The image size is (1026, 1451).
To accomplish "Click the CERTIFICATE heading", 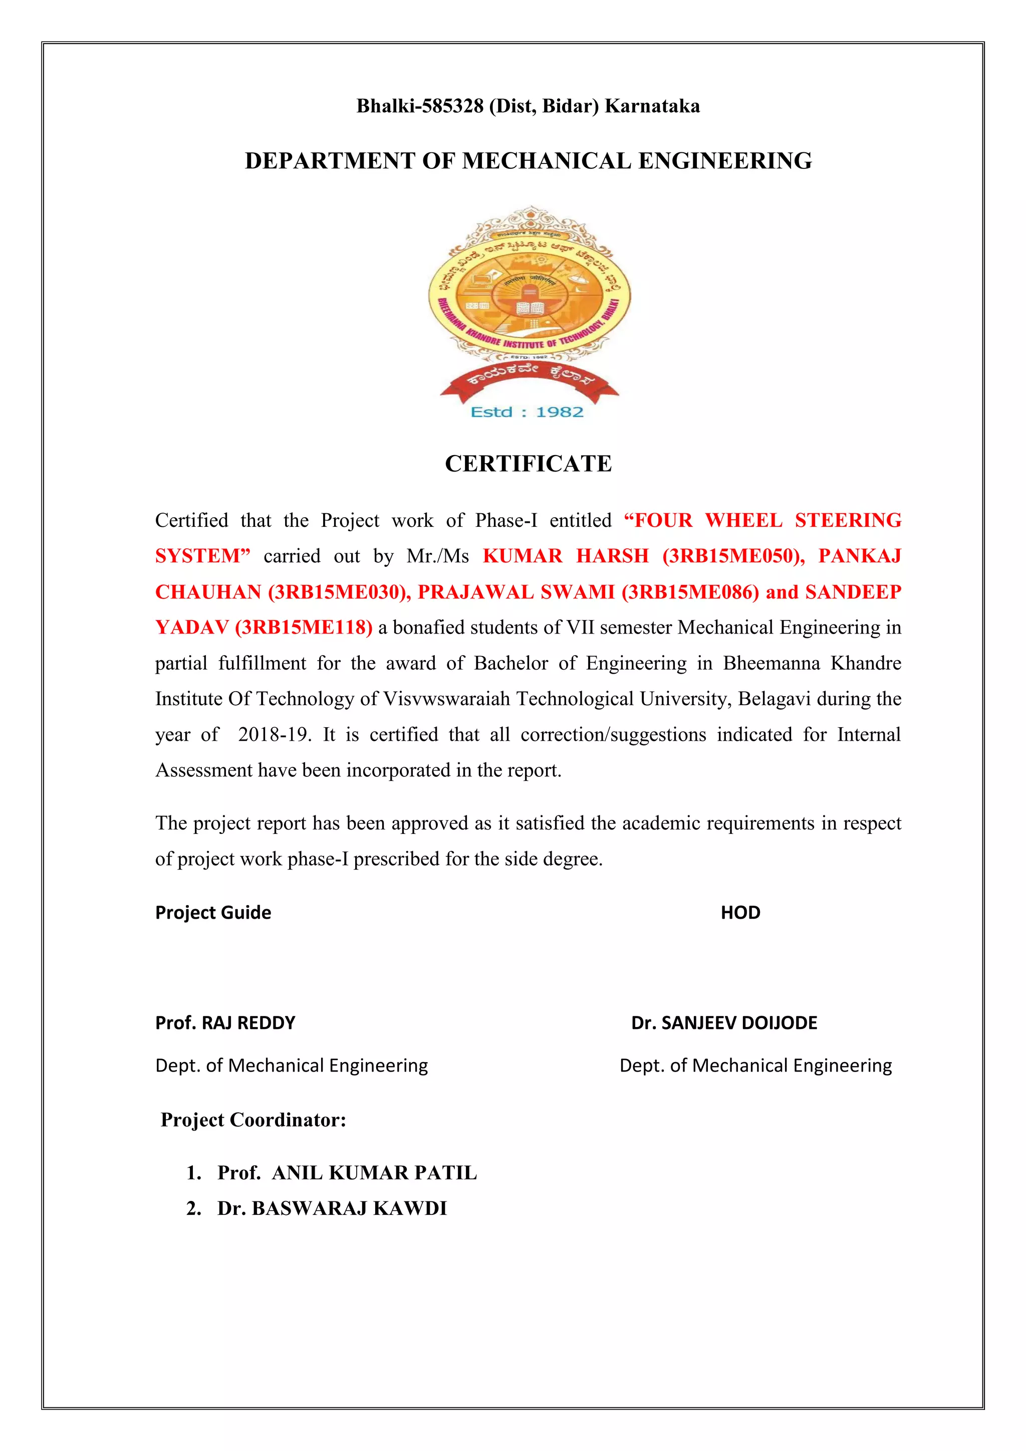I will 528,463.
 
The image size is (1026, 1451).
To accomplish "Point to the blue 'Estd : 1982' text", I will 527,412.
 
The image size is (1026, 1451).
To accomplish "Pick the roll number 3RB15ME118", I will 303,627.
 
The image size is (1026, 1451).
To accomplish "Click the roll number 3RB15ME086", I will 690,591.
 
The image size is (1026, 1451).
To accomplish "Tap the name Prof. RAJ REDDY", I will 225,1022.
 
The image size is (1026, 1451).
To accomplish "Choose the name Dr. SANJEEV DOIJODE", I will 724,1022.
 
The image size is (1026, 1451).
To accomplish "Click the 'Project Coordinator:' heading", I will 253,1119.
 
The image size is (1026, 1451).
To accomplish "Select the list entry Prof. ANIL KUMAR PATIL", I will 347,1172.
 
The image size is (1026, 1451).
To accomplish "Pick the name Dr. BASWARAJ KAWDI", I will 332,1208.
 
